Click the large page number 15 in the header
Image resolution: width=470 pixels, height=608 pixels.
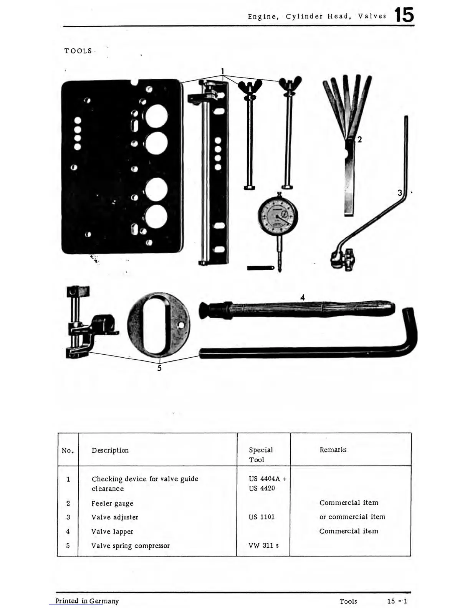(x=404, y=15)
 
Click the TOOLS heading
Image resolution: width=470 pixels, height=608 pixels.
(x=78, y=51)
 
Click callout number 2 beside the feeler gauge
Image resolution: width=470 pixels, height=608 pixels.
(x=359, y=139)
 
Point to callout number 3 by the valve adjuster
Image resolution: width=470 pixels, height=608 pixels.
(x=400, y=193)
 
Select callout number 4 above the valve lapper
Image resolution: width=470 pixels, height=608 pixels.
(x=303, y=297)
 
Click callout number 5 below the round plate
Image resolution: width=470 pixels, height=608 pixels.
(x=159, y=368)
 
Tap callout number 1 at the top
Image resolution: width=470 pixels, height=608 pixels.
(x=223, y=71)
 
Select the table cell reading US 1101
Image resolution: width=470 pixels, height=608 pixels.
(x=261, y=517)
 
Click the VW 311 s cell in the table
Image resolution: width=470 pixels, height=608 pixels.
(x=263, y=545)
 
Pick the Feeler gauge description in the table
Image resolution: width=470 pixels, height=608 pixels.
(x=113, y=503)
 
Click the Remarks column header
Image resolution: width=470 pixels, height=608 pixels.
(x=333, y=449)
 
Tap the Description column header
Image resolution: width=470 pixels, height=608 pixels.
(x=110, y=450)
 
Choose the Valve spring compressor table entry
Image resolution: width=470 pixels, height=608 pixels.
(x=131, y=545)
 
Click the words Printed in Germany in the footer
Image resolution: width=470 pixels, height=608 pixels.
(x=87, y=601)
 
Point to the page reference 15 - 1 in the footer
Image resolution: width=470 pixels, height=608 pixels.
(x=397, y=601)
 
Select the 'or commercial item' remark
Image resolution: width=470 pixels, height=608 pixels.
(x=352, y=517)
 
